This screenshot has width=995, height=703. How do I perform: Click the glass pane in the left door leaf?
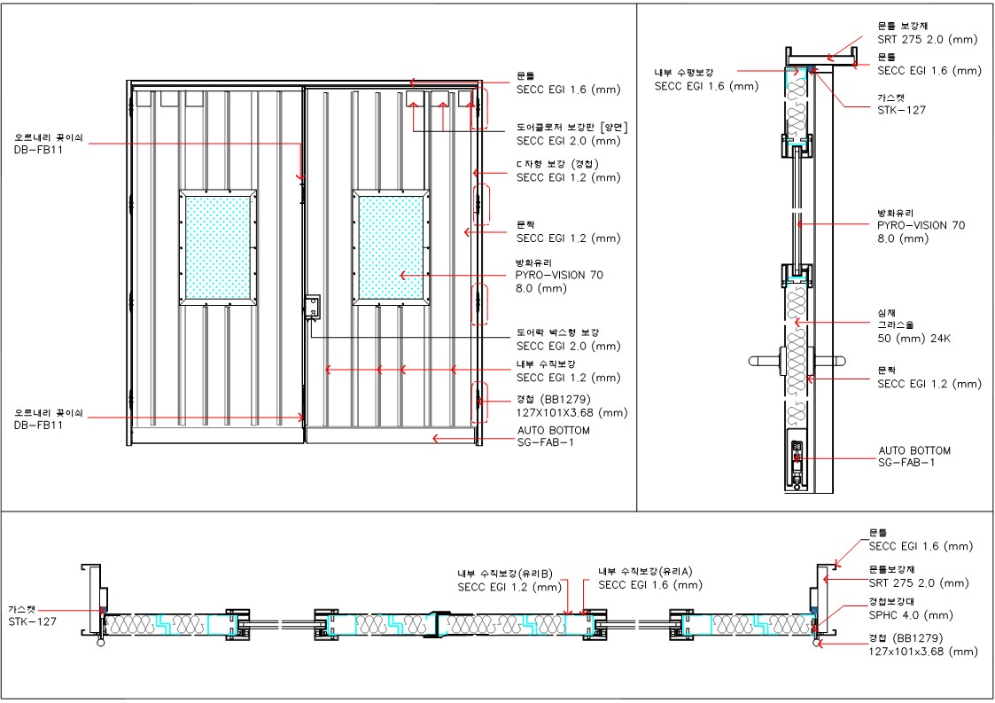(x=218, y=247)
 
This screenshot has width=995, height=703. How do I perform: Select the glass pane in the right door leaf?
(x=391, y=247)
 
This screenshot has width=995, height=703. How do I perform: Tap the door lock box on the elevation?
(x=313, y=308)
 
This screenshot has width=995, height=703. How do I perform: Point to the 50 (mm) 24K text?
(x=913, y=339)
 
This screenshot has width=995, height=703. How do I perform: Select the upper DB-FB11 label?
(x=38, y=151)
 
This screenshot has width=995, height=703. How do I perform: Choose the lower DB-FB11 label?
(x=38, y=426)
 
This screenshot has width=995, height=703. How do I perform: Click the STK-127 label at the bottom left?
(x=33, y=621)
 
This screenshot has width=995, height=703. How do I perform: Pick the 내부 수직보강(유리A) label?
(x=645, y=572)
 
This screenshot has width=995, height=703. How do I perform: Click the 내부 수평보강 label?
(x=683, y=73)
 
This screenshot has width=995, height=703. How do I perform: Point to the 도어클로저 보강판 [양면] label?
(x=571, y=128)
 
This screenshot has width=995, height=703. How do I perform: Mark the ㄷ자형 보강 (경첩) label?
(x=557, y=165)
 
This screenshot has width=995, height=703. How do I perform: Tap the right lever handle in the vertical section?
(x=830, y=362)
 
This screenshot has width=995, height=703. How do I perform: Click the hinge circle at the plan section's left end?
(x=100, y=643)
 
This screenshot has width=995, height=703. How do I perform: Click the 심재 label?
(x=887, y=312)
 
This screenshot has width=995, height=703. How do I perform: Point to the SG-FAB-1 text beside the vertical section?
(x=906, y=463)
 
